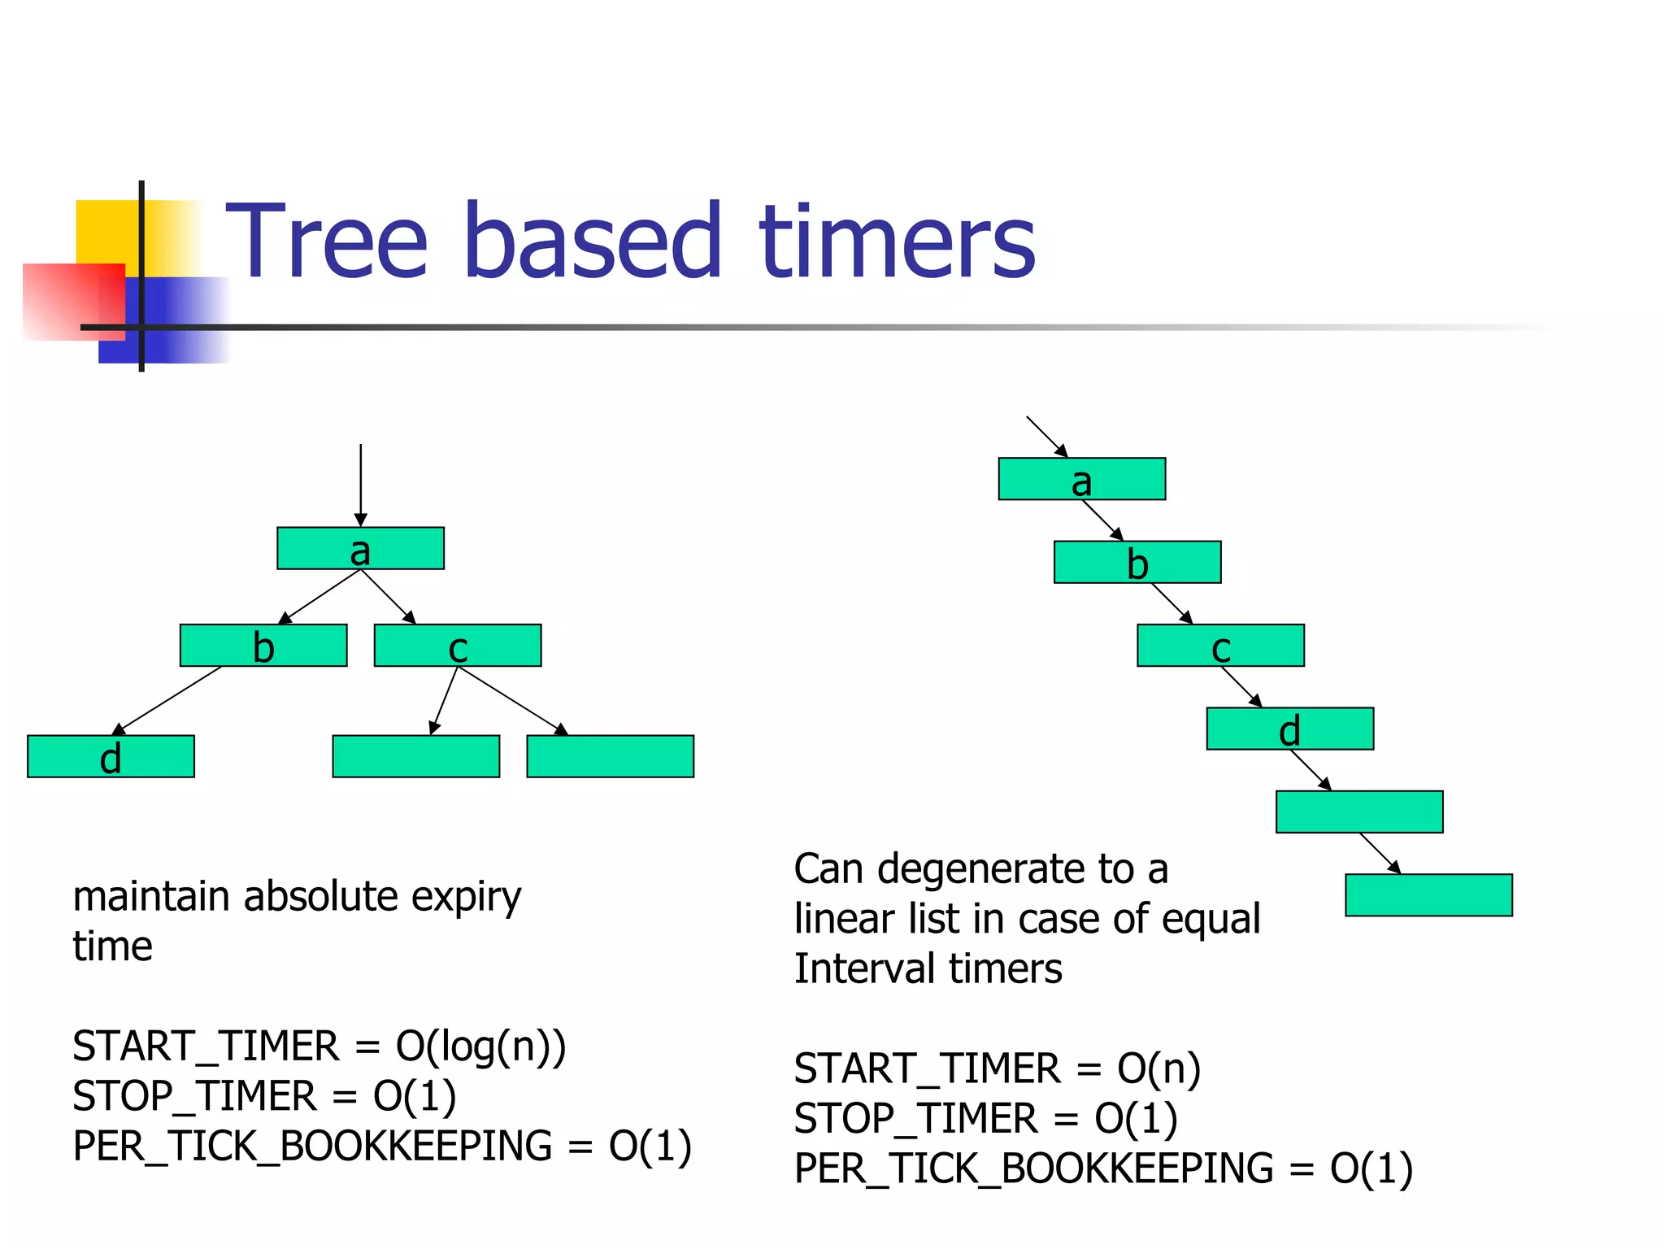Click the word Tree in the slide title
click(325, 242)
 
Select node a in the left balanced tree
click(360, 549)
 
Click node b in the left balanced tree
click(263, 646)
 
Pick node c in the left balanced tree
click(458, 646)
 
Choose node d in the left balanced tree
click(111, 757)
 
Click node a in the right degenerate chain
click(1081, 479)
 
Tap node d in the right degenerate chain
click(1290, 729)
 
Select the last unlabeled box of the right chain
click(1428, 895)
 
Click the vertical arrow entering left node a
click(361, 484)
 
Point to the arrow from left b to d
click(169, 700)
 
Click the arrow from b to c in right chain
click(1172, 603)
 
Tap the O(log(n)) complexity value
click(480, 1047)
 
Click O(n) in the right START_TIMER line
click(1159, 1068)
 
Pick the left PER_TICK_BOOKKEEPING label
click(312, 1147)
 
